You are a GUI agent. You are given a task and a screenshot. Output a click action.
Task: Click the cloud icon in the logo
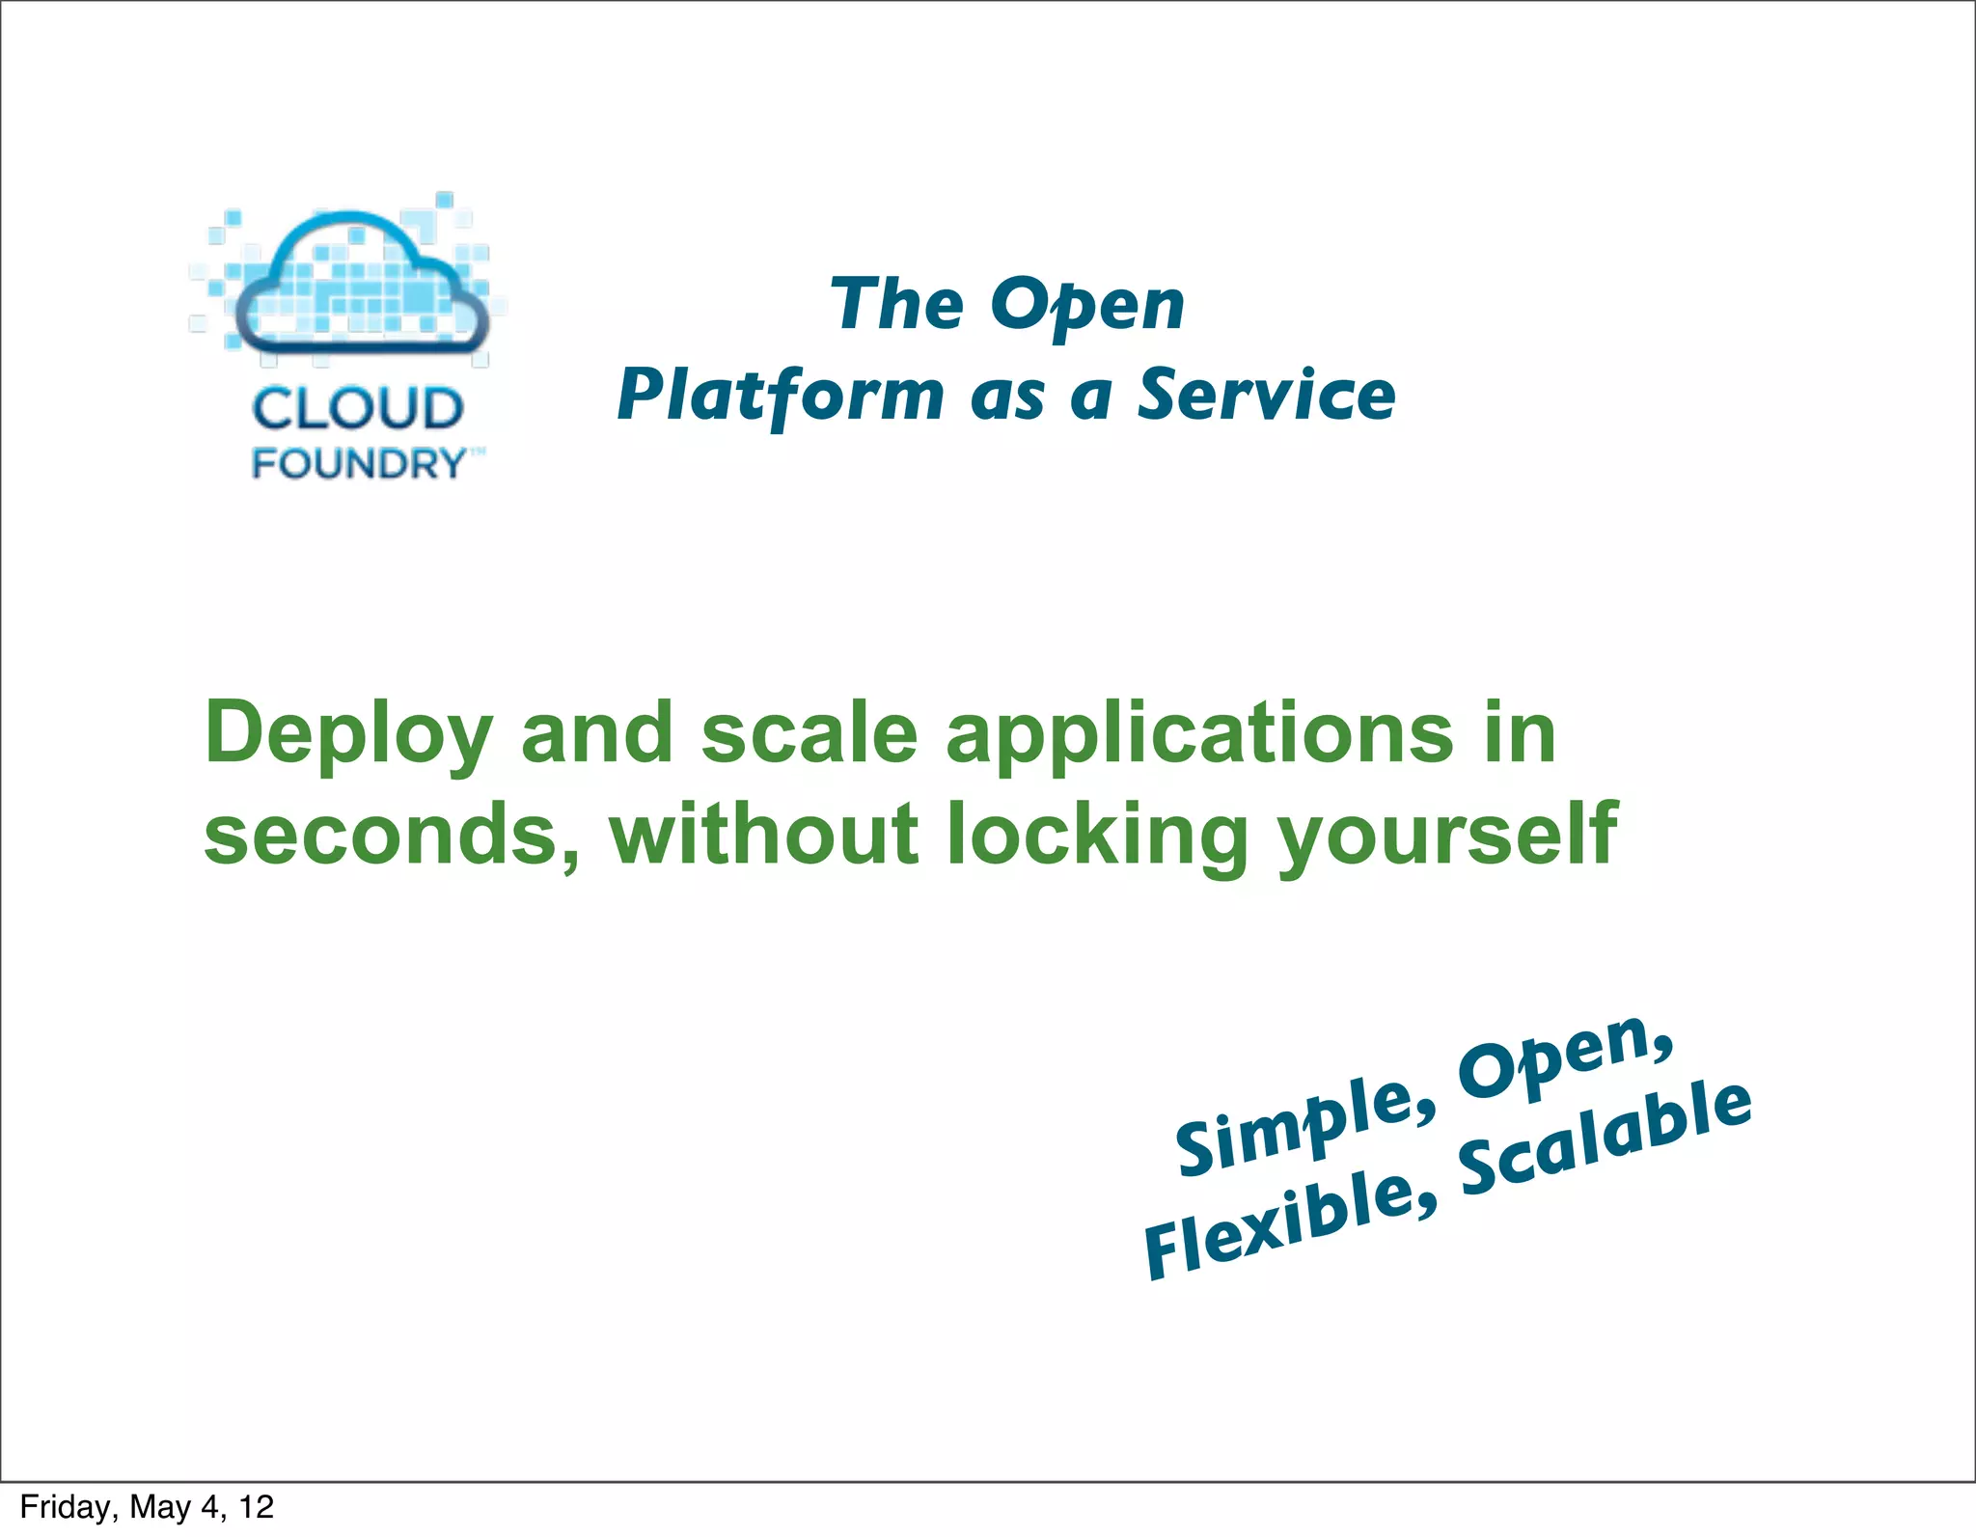pyautogui.click(x=362, y=285)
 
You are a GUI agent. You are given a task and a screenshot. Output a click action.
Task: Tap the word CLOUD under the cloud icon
pyautogui.click(x=358, y=409)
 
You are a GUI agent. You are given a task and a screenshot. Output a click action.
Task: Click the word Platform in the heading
pyautogui.click(x=781, y=396)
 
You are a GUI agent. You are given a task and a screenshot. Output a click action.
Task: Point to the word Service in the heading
pyautogui.click(x=1266, y=396)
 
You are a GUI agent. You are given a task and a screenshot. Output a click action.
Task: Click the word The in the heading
pyautogui.click(x=896, y=304)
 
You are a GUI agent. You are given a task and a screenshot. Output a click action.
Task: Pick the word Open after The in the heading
pyautogui.click(x=1087, y=306)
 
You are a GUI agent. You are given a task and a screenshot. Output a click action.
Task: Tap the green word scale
pyautogui.click(x=809, y=733)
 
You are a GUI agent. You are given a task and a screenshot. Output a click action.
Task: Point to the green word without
pyautogui.click(x=763, y=834)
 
